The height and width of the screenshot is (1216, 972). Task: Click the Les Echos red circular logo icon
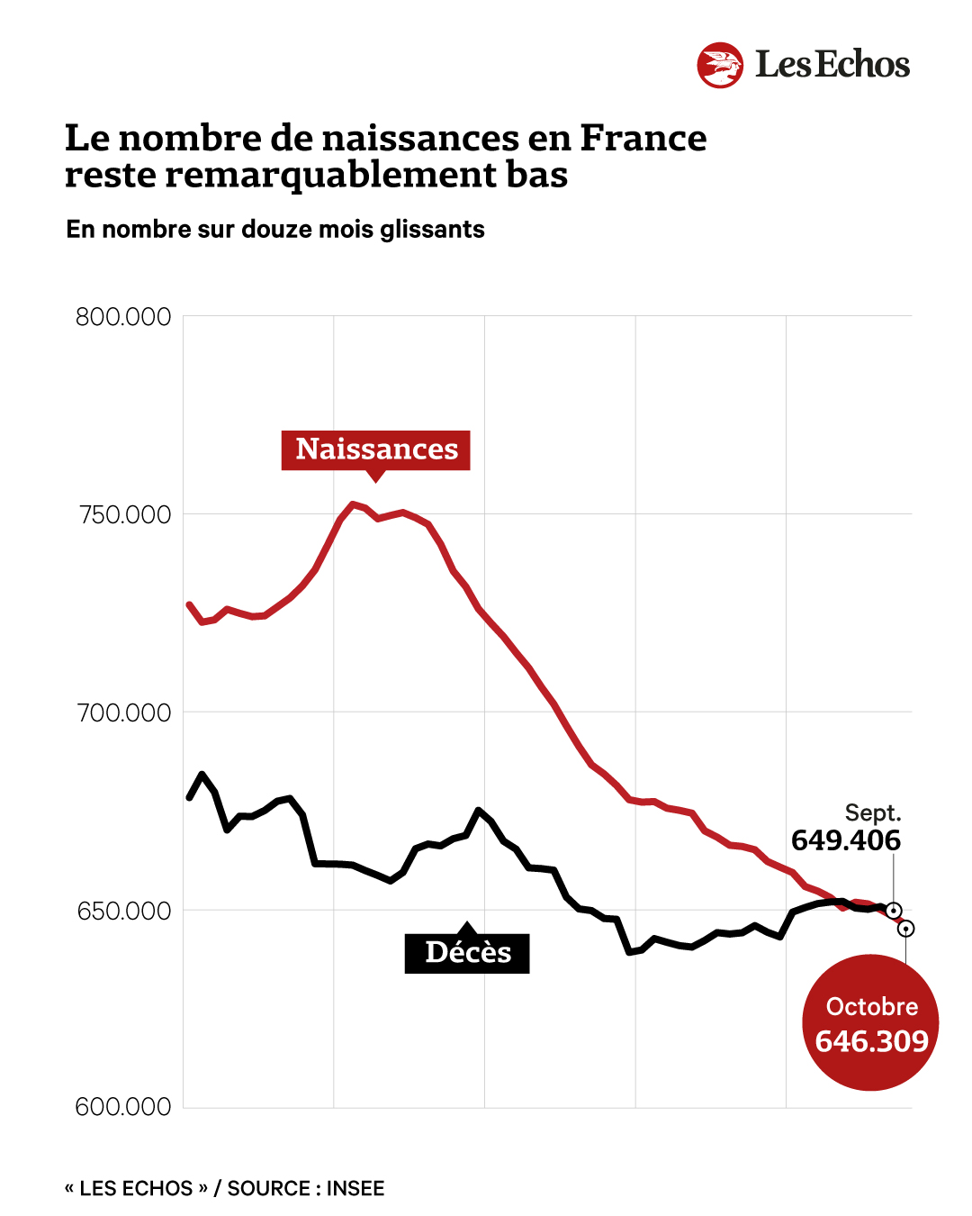(720, 65)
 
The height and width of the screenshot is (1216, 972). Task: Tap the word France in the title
(643, 138)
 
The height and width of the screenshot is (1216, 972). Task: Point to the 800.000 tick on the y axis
(123, 317)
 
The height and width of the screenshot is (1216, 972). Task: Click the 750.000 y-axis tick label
(124, 514)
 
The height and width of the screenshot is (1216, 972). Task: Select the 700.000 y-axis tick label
(124, 712)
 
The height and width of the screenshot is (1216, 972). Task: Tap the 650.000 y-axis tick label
(124, 911)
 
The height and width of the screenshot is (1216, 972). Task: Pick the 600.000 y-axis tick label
(123, 1107)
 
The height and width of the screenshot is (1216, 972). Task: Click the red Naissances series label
(376, 449)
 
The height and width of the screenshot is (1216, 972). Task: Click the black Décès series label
(467, 953)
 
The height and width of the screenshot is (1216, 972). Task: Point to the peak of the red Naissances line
(353, 504)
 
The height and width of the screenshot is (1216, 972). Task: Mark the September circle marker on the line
(894, 910)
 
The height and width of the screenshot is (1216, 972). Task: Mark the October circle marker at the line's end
(906, 929)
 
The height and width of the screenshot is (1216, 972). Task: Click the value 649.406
(846, 840)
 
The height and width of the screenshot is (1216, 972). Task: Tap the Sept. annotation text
(872, 812)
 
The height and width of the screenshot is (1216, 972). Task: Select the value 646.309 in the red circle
(871, 1041)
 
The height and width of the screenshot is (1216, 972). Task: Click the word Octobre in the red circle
(871, 1006)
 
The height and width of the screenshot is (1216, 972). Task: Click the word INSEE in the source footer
(355, 1188)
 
